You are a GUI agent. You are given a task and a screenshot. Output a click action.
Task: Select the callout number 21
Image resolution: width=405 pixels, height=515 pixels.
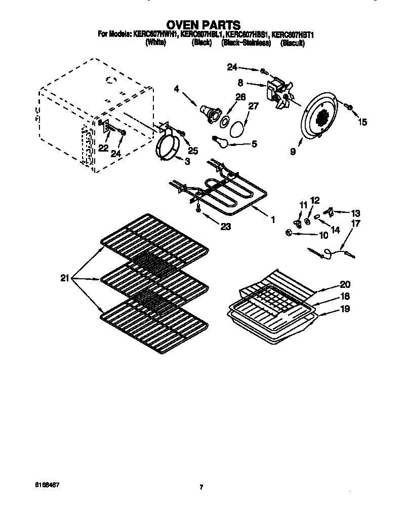64,277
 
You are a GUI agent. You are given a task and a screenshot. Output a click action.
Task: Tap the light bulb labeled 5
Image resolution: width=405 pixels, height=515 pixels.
220,141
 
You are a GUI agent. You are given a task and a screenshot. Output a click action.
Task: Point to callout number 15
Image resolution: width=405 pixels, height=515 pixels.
363,122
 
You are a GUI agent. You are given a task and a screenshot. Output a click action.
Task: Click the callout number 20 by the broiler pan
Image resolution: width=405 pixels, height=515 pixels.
345,284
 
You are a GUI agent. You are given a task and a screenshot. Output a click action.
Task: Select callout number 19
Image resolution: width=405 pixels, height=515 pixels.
344,308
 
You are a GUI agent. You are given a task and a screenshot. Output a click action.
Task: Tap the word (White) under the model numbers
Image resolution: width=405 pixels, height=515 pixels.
155,44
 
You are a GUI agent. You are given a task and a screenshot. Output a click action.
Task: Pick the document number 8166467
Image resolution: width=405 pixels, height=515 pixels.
49,485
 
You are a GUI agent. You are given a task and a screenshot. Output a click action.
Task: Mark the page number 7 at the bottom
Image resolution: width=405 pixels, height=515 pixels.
201,488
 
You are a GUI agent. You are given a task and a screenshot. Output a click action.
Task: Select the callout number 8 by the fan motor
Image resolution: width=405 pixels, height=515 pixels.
240,82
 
